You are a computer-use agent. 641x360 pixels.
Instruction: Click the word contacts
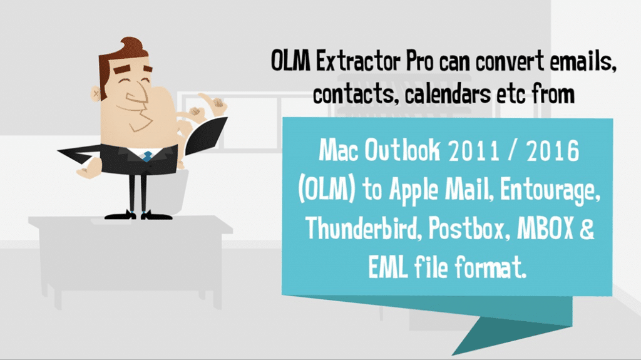354,95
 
